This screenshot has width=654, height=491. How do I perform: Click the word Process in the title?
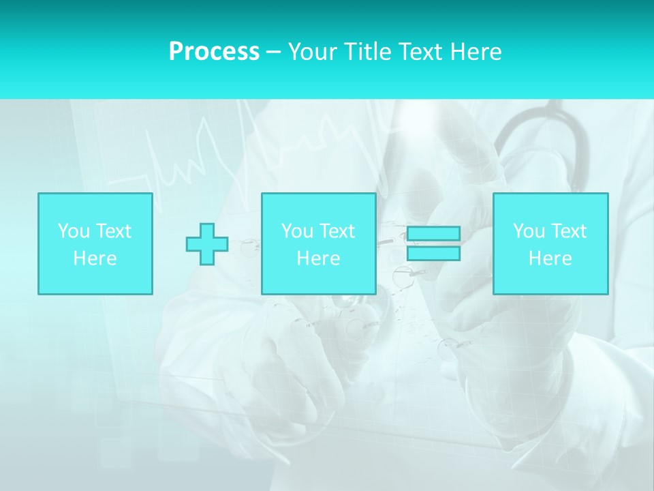click(x=214, y=52)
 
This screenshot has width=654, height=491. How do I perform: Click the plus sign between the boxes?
click(x=207, y=244)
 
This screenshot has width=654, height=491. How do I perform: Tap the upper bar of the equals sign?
click(x=433, y=234)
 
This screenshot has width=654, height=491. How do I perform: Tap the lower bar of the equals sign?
click(x=433, y=253)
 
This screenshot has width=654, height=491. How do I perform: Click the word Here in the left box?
click(x=95, y=258)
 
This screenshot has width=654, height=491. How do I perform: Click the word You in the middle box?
click(x=296, y=231)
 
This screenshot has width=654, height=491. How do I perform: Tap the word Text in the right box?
click(x=567, y=231)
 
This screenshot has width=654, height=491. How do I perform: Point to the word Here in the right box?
click(x=550, y=258)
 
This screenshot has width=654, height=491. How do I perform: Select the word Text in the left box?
click(x=112, y=231)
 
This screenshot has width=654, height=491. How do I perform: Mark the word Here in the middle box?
click(x=318, y=258)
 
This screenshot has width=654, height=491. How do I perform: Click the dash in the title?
click(x=273, y=53)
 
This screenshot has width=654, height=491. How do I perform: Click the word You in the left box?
click(x=73, y=231)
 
